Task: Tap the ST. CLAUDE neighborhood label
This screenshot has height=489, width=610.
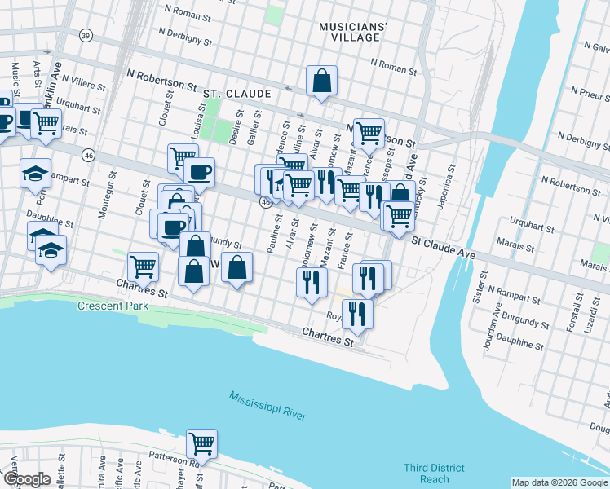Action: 237,94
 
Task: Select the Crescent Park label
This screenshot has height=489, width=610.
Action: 113,306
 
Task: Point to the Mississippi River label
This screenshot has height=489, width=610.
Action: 267,405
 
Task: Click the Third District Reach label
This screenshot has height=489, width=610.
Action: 434,474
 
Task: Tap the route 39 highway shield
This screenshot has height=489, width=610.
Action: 86,35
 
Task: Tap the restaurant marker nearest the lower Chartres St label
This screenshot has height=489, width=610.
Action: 356,313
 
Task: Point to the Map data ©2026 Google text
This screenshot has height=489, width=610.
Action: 559,482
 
